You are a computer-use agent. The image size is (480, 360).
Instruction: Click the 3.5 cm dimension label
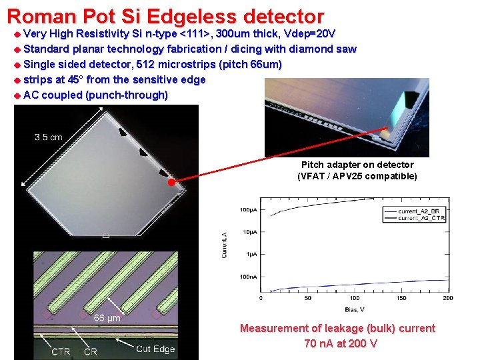(49, 137)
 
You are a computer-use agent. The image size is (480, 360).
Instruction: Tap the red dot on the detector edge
(171, 181)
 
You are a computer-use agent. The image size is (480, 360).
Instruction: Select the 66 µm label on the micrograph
(107, 318)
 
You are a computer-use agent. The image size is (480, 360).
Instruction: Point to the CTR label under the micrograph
(61, 351)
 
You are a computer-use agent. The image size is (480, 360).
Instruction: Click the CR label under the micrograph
(91, 351)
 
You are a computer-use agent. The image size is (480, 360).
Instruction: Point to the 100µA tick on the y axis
(249, 209)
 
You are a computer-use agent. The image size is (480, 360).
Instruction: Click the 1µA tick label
(252, 254)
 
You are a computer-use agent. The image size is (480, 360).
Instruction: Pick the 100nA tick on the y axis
(249, 277)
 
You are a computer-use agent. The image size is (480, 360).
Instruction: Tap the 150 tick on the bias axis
(401, 299)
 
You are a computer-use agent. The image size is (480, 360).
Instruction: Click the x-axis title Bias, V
(355, 309)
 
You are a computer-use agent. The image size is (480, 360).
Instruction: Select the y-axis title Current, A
(224, 245)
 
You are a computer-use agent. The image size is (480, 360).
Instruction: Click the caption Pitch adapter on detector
(357, 165)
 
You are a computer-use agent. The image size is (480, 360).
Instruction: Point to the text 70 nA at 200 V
(340, 344)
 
